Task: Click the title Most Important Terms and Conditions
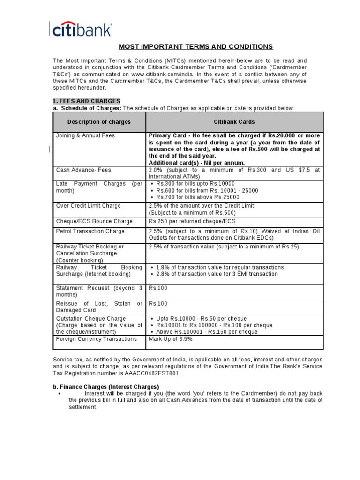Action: tap(195, 47)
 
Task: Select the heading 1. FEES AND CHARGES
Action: tap(86, 101)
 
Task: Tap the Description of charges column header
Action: tap(99, 122)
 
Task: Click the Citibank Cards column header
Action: tap(234, 122)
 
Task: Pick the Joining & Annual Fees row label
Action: tap(85, 136)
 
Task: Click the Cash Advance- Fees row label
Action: tap(83, 170)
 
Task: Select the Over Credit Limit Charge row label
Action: tap(89, 206)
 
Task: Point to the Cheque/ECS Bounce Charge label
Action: tap(94, 221)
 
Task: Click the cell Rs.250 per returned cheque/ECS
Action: tap(192, 221)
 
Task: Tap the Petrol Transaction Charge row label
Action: tap(90, 231)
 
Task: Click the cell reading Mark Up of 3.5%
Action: tap(171, 339)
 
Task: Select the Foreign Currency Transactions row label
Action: tap(97, 339)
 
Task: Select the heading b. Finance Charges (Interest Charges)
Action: tap(106, 387)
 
